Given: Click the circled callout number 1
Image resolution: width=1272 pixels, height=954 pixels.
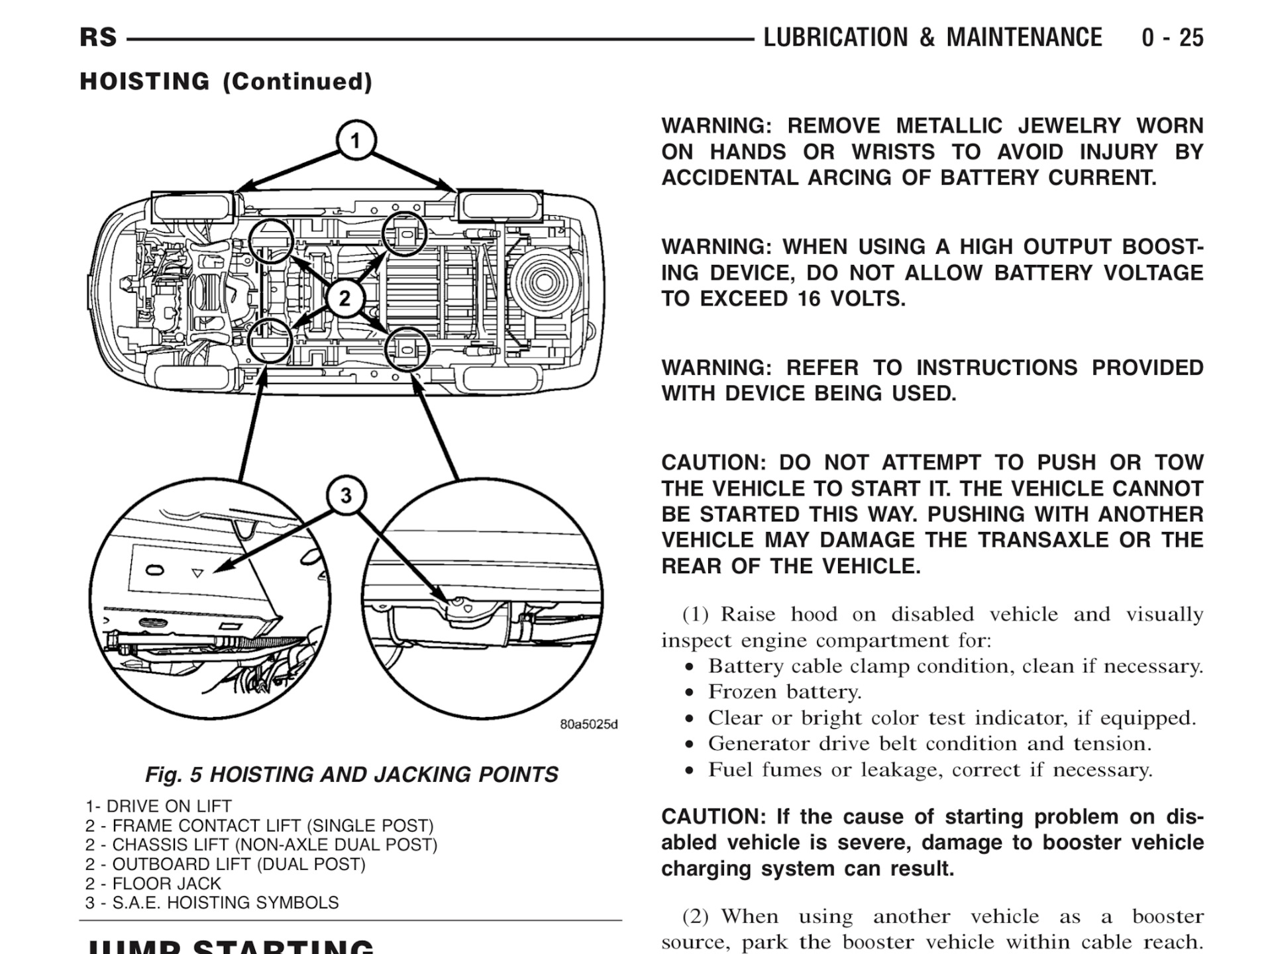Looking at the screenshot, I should (356, 141).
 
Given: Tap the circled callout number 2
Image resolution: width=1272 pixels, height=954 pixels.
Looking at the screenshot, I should (344, 299).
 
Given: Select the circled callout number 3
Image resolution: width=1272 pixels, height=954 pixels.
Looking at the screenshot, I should (346, 496).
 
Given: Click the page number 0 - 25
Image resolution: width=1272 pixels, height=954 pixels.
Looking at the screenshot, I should (1172, 38).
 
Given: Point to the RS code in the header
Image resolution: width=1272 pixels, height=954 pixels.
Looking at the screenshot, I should (98, 38).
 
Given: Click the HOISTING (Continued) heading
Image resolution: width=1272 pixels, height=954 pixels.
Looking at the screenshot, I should (226, 81).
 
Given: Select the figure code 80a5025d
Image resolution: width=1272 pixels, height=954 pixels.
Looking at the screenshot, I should (588, 724).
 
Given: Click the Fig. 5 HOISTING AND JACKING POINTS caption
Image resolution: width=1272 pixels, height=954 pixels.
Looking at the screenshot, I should (351, 774).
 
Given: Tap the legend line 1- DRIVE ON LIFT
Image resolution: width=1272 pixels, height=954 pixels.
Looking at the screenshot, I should (158, 806).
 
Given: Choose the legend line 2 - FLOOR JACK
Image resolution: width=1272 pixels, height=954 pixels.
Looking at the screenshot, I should (153, 883).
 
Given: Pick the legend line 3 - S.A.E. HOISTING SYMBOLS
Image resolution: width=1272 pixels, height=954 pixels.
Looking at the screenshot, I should (212, 902).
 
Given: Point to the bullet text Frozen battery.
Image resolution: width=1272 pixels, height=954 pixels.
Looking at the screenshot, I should (784, 692).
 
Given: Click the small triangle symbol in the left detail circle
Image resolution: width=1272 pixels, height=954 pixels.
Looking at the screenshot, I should (197, 573).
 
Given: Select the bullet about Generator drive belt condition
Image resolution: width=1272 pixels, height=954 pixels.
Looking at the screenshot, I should (929, 743).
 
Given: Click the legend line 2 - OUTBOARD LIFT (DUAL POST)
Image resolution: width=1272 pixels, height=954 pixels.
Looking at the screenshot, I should (225, 864).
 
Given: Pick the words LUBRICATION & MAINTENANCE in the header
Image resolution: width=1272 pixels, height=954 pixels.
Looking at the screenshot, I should (933, 38).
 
